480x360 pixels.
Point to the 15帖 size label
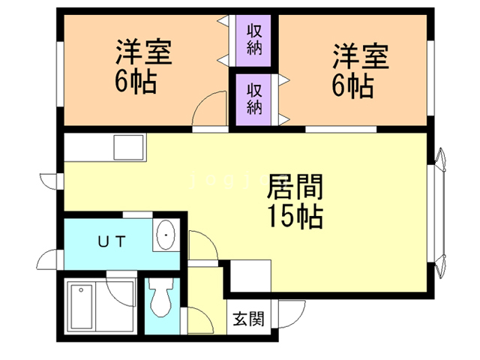coord(295,217)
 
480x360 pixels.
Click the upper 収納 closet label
coord(253,40)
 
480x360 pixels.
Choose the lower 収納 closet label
coord(253,97)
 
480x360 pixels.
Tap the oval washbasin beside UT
coord(165,236)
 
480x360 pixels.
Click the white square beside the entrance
coord(249,276)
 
